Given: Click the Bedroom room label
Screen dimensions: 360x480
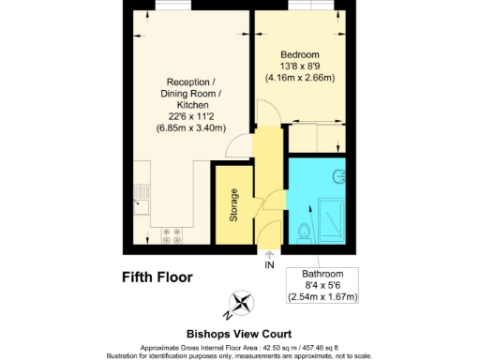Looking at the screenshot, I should [x=301, y=55].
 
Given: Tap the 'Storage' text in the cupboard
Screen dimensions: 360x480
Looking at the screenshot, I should [x=233, y=206].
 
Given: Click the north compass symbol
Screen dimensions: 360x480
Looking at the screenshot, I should [x=242, y=303].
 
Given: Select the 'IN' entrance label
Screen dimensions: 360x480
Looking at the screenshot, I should [x=270, y=265].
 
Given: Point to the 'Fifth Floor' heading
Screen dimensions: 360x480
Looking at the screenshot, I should [x=157, y=277].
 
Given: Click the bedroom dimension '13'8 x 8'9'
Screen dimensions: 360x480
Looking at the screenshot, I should [x=301, y=67].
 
